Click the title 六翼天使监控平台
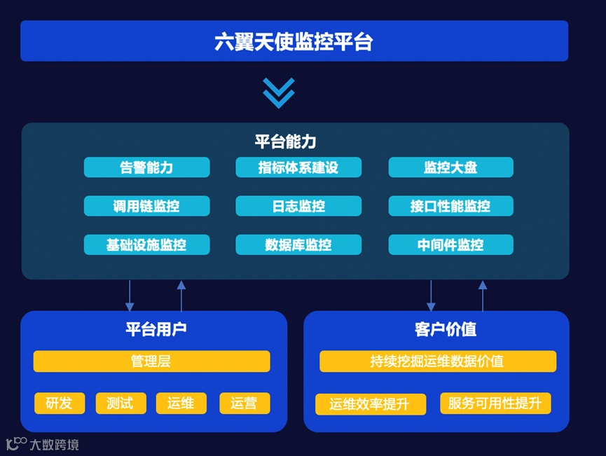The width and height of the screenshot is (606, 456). pos(294,41)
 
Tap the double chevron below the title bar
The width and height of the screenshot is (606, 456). pos(278,92)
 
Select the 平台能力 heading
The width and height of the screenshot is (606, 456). pos(285,141)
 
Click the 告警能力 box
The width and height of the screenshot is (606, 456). pos(146,167)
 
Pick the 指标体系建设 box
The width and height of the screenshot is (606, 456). pos(298,167)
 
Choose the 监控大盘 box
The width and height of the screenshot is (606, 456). pos(450,167)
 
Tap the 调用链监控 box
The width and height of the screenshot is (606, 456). pos(146,206)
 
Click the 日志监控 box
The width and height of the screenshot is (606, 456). pos(298,206)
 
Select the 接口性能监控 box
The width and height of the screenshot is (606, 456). pos(450,206)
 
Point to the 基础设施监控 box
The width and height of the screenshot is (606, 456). pos(146,244)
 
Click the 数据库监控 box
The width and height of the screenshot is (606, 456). pos(298,244)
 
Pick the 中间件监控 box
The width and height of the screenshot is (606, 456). pos(450,244)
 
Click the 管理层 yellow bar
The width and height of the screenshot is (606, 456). pos(151,361)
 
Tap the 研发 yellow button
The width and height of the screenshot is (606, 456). pos(60,403)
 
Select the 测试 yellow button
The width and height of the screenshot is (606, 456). pos(120,403)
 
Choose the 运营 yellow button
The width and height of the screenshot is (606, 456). pos(244,403)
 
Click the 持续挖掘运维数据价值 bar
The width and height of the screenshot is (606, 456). pos(437,361)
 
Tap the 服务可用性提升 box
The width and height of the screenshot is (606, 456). pos(495,403)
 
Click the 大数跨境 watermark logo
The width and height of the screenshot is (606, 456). pos(42,444)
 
